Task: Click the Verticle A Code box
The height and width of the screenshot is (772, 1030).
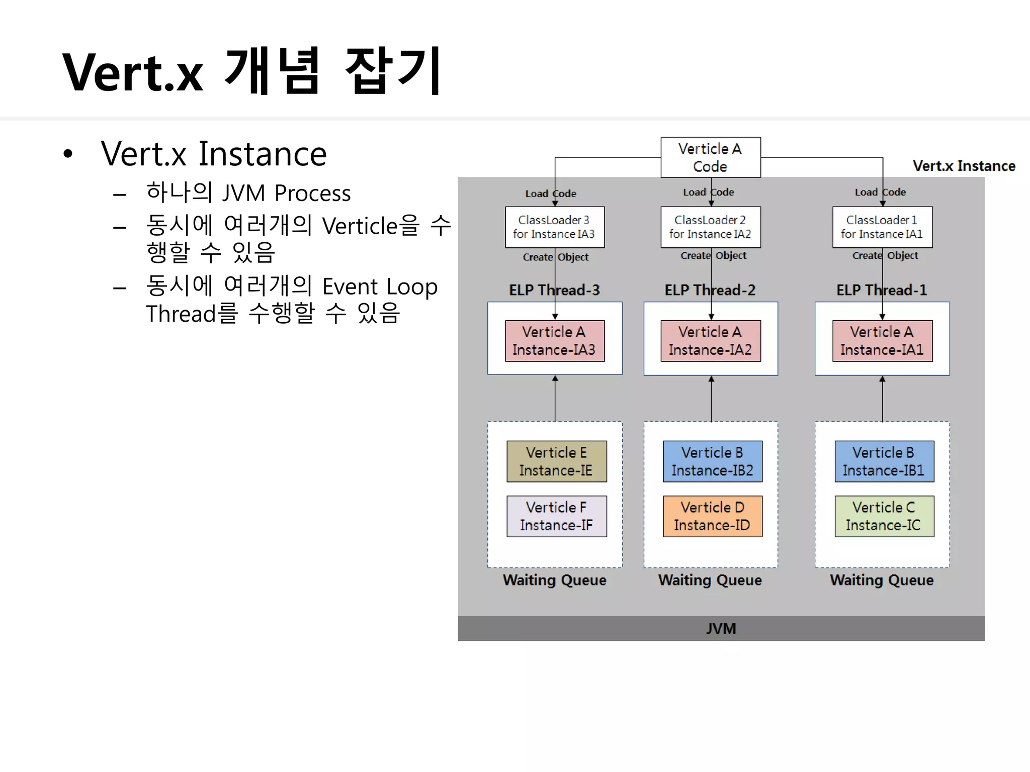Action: coord(710,157)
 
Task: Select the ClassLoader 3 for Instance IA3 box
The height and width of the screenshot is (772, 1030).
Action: coord(554,227)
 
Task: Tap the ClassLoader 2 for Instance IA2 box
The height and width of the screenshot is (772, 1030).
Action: coord(710,227)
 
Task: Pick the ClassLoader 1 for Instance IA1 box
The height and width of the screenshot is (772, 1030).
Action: coord(882,227)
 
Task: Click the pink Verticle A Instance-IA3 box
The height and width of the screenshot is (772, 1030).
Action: coord(554,341)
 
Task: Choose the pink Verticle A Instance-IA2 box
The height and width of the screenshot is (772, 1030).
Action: coord(710,341)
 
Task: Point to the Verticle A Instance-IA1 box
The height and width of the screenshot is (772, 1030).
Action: coord(882,341)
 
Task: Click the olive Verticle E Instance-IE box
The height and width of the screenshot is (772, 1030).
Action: coord(556,461)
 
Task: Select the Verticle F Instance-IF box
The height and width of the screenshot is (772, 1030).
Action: coord(556,516)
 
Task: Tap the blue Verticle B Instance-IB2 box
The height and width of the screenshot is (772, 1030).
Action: coord(712,461)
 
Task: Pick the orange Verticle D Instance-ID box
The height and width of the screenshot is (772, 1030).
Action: coord(712,516)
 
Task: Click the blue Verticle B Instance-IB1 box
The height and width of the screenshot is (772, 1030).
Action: coord(884,461)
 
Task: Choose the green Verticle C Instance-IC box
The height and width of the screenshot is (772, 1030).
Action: coord(884,516)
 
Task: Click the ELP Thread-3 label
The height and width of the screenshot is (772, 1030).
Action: coord(554,290)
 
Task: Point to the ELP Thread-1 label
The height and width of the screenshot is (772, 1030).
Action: coord(882,290)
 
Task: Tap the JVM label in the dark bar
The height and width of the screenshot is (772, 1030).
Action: coord(721,629)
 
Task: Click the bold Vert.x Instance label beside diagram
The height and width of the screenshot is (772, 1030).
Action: coord(964,166)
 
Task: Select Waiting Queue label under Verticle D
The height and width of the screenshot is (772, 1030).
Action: coord(710,580)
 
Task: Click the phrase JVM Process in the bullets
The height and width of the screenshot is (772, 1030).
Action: coord(286,194)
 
